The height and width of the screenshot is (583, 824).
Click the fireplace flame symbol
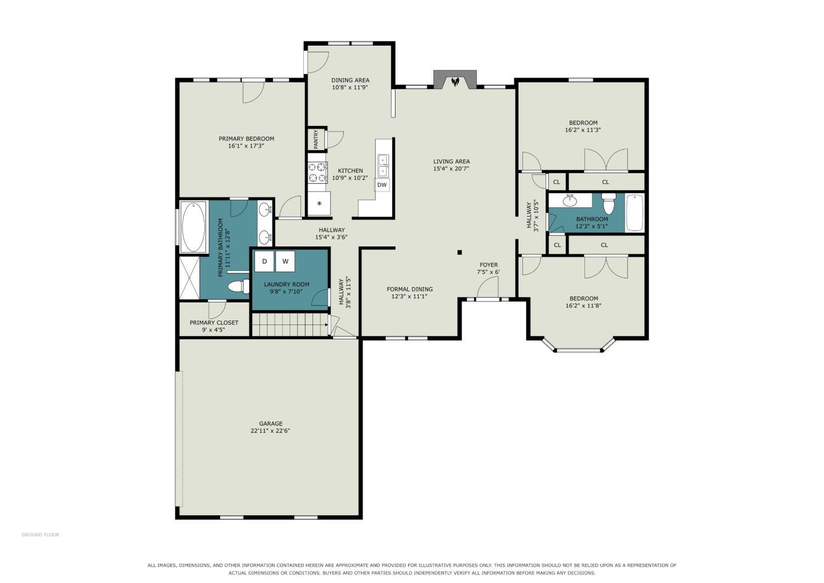tap(455, 81)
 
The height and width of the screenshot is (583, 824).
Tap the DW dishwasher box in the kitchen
tap(382, 185)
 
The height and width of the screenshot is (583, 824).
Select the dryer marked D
tap(264, 261)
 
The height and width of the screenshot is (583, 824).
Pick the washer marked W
tap(285, 261)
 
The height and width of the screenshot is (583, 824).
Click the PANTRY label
tap(316, 139)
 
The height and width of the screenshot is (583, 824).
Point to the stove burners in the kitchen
tap(318, 172)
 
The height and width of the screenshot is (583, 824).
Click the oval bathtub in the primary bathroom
tap(193, 227)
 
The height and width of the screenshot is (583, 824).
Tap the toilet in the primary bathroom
tap(238, 286)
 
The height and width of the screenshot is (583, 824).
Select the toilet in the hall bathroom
tap(609, 204)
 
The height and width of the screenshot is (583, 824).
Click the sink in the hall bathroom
tap(570, 201)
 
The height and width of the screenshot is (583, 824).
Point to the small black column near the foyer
tap(459, 252)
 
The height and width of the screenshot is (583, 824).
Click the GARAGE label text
tap(271, 424)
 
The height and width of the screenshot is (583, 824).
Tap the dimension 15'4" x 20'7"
tap(452, 169)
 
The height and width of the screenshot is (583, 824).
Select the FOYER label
tap(488, 265)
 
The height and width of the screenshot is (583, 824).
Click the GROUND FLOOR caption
tap(41, 535)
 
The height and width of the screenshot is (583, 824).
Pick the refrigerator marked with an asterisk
tap(319, 204)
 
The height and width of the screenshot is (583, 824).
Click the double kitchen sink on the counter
tap(383, 166)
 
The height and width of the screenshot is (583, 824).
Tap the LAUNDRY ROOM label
tap(287, 284)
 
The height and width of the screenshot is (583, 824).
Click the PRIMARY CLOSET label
tap(214, 323)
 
